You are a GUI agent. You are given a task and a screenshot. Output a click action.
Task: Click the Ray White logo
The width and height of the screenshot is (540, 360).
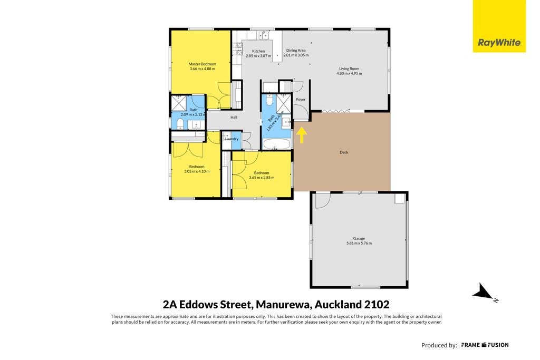point(499,26)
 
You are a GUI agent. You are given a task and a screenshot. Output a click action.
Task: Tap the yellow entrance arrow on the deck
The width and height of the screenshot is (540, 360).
point(302,135)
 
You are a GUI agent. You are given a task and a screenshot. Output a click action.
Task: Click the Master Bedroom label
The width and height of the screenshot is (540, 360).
point(202,64)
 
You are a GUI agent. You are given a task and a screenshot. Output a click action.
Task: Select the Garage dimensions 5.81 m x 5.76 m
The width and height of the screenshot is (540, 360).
point(359,243)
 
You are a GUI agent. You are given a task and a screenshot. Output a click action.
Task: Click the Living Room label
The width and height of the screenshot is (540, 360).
point(349,69)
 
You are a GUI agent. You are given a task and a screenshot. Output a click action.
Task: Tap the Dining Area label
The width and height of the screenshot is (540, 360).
point(296,50)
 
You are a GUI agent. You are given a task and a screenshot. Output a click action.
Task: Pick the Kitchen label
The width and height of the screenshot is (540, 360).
point(258,51)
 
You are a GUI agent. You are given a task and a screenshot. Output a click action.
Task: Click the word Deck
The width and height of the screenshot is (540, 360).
point(344,152)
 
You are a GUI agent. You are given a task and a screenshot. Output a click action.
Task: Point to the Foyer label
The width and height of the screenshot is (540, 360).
point(301,99)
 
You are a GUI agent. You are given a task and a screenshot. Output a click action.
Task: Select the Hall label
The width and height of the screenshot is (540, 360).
point(234,118)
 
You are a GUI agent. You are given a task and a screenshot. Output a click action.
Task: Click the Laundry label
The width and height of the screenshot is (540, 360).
point(232,139)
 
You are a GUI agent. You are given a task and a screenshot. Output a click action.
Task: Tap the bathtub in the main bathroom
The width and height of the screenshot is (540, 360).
point(276,144)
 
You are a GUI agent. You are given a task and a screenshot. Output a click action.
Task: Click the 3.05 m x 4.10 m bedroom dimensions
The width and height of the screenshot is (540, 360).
point(197,171)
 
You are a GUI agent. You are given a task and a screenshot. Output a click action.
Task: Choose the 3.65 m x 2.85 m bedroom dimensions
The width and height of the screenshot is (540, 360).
point(262,178)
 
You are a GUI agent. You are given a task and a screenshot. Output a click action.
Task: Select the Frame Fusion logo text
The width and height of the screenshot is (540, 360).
point(485,345)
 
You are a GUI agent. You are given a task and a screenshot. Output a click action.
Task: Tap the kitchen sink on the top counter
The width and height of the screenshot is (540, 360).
point(264,35)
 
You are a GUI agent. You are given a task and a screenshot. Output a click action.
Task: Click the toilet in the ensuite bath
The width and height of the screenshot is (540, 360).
point(180,124)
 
